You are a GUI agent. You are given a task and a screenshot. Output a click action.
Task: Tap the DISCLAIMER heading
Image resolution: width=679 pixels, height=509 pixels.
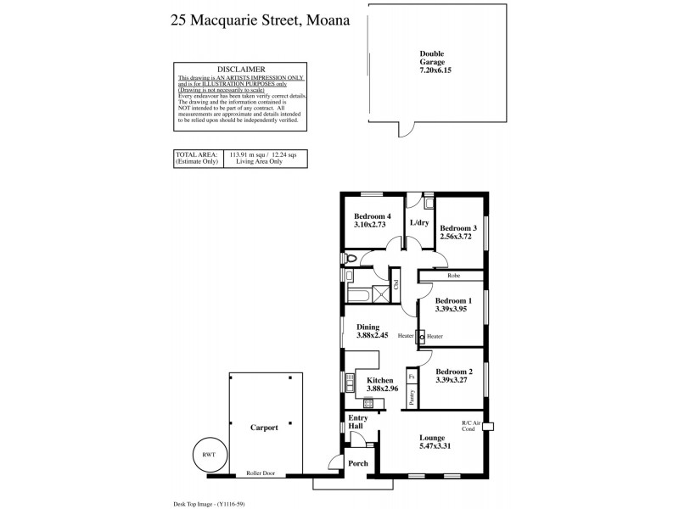242,69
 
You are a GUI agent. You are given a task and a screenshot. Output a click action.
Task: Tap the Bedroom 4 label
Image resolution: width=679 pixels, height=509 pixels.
373,216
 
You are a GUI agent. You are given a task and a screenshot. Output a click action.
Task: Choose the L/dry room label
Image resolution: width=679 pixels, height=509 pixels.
419,223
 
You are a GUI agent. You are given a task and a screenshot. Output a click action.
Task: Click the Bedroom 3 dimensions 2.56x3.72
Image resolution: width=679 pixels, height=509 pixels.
458,238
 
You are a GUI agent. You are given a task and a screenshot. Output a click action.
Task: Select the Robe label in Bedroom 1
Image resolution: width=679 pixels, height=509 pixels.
454,276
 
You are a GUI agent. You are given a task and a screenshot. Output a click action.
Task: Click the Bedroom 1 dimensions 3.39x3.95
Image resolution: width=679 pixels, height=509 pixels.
453,310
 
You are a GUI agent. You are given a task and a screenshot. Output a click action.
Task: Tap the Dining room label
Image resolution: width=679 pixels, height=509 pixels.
368,327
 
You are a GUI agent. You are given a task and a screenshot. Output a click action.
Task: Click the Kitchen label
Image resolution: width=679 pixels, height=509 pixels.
379,380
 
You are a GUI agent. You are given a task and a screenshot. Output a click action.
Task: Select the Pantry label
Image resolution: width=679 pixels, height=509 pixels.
412,399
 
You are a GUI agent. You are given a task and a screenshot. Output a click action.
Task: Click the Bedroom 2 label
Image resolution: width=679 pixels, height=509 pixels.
454,371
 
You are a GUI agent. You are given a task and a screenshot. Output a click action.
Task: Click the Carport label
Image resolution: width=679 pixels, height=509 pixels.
263,428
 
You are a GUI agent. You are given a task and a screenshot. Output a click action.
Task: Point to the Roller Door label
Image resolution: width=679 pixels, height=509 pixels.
261,473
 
